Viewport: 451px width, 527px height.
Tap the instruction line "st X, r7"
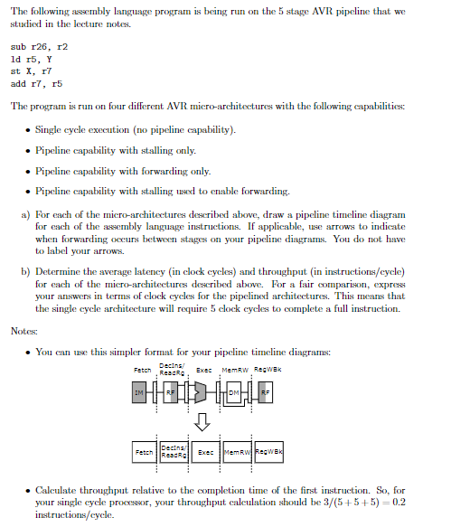tap(32, 70)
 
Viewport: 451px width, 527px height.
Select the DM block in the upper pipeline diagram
tap(234, 393)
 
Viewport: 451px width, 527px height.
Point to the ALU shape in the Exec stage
tap(206, 393)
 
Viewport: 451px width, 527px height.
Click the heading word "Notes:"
tap(24, 331)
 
